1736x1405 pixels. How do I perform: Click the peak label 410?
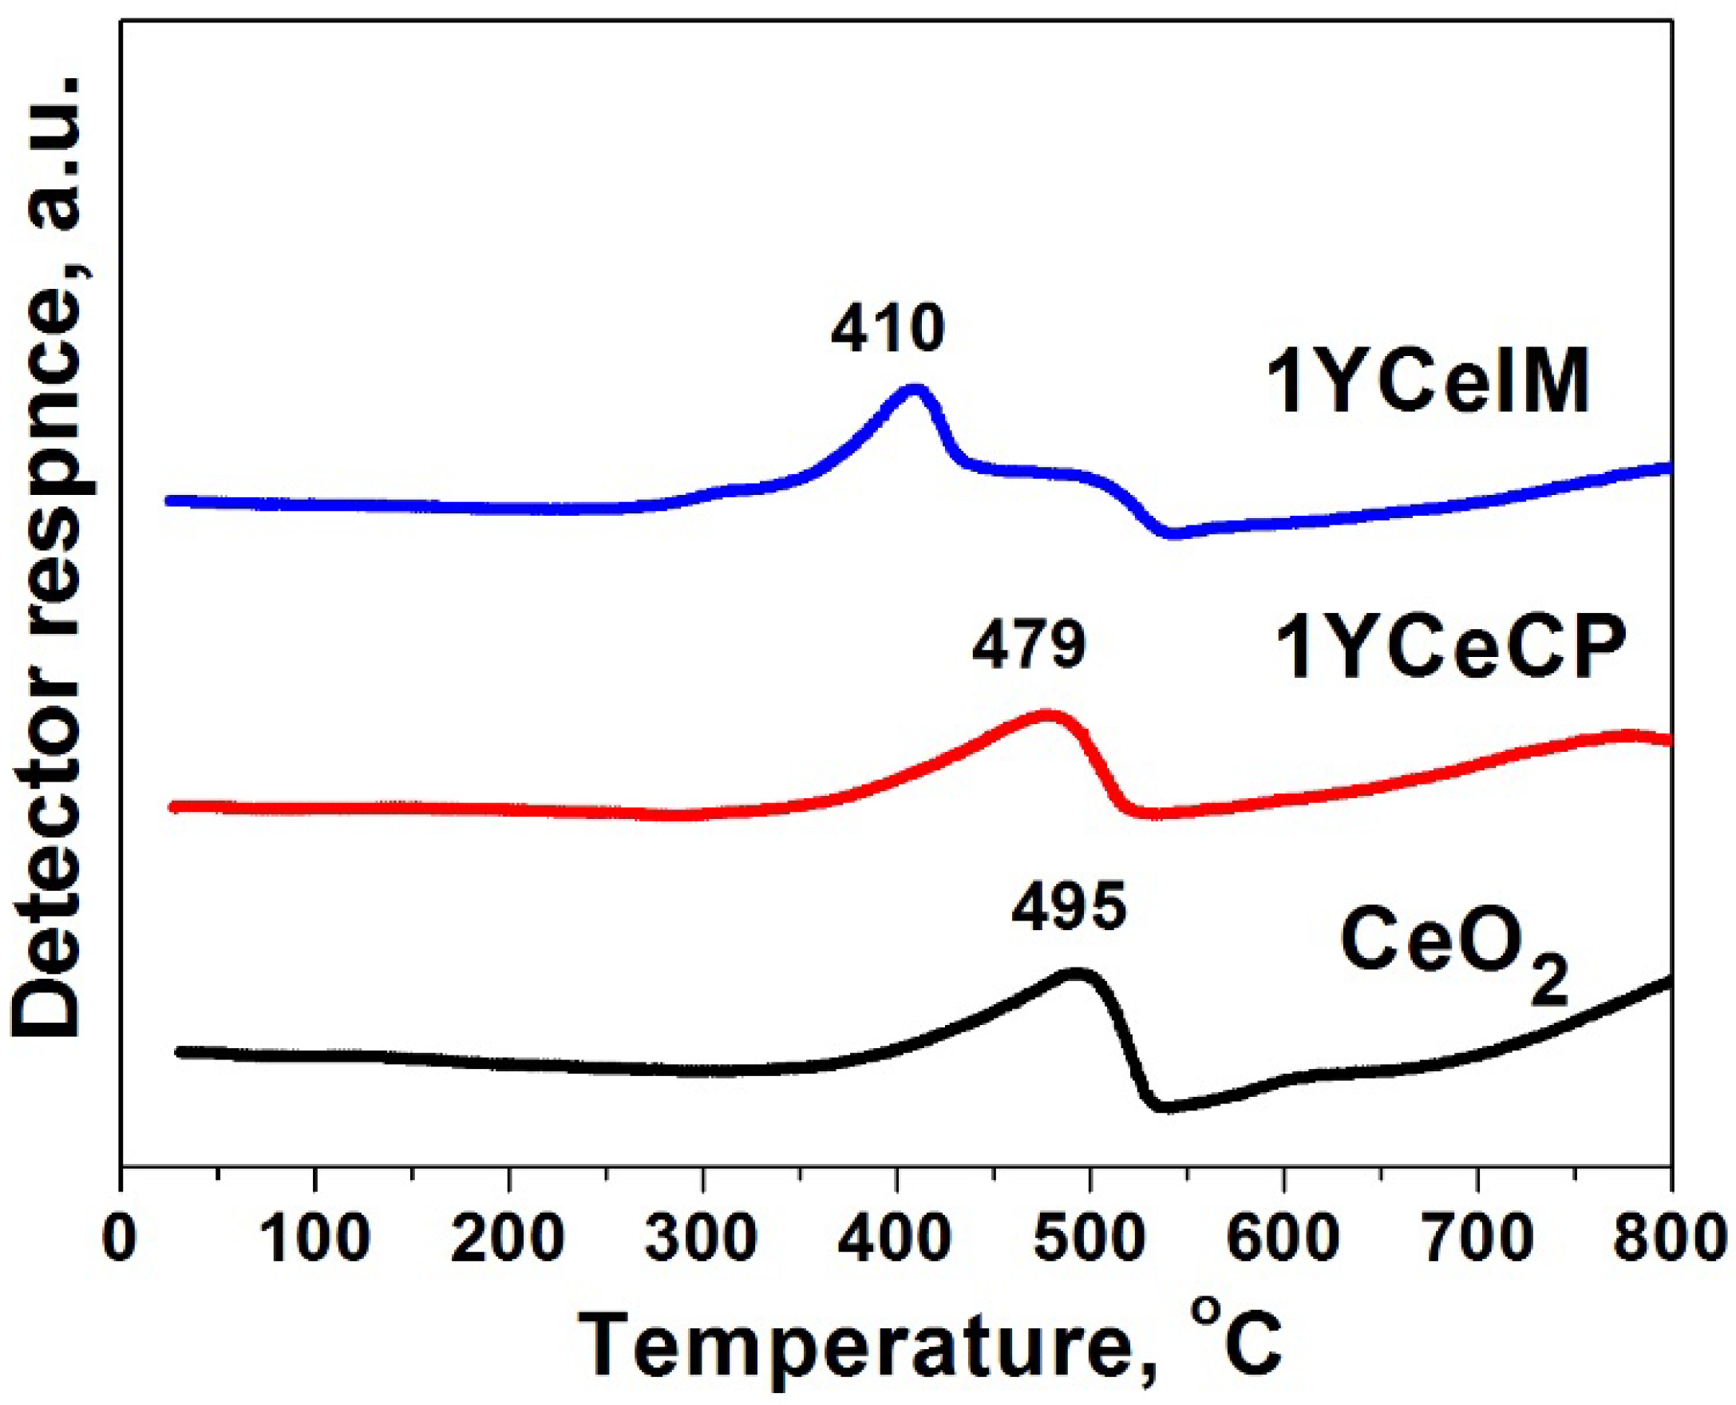pyautogui.click(x=887, y=331)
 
